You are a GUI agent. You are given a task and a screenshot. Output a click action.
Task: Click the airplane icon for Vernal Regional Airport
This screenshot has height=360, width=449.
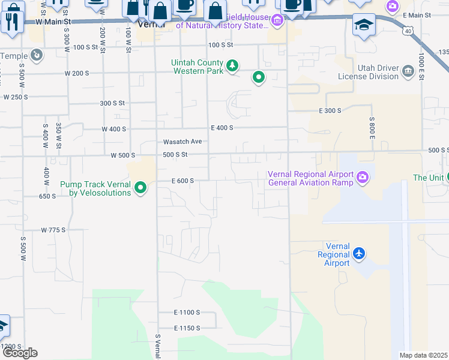point(359,254)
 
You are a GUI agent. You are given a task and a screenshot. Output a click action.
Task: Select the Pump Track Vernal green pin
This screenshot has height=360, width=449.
point(140,188)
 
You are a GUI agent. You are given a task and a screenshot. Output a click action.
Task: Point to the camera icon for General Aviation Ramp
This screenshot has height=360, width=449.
point(363,177)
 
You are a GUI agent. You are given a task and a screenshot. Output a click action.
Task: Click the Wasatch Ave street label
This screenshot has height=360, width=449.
point(182,142)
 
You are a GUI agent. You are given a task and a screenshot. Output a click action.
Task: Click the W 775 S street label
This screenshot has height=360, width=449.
point(53,230)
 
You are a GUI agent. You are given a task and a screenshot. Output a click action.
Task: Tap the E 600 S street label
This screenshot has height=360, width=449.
point(182,181)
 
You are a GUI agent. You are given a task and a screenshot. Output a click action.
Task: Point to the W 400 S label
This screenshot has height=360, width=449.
point(114,129)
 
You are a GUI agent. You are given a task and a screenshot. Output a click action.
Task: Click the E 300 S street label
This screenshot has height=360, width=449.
point(330,111)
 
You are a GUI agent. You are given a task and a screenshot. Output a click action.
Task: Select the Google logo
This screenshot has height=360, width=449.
point(19,353)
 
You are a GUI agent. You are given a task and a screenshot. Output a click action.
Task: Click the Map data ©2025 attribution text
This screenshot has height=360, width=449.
point(424,355)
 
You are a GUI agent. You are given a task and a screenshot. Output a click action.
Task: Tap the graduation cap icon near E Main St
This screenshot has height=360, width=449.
point(363,26)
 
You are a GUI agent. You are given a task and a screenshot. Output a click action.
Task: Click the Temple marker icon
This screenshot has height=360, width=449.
point(37,56)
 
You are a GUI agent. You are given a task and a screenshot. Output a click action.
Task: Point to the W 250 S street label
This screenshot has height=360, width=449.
point(16,97)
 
